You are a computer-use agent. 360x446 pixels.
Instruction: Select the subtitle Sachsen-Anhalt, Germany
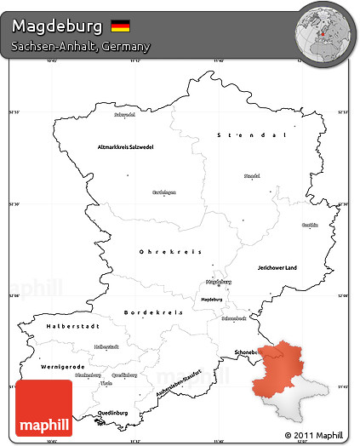(80, 46)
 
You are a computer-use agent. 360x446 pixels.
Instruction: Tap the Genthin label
(310, 225)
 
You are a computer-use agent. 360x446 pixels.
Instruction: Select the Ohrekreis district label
(169, 251)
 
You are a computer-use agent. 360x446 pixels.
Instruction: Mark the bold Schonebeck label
(242, 352)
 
